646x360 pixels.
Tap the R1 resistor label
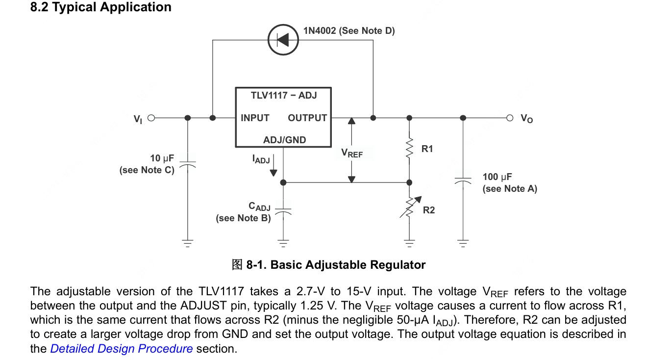click(427, 149)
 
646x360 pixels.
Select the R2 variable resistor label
click(429, 210)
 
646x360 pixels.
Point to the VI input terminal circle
click(151, 118)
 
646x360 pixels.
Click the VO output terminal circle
click(510, 118)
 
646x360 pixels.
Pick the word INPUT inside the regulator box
click(255, 118)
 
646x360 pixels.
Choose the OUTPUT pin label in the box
click(307, 118)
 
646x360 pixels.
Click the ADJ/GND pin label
click(284, 140)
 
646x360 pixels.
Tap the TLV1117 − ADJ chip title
click(284, 95)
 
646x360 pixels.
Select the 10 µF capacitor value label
click(162, 158)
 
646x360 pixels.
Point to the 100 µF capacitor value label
click(497, 177)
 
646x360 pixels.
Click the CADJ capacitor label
click(260, 206)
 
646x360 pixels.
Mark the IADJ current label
click(261, 159)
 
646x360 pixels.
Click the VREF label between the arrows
click(352, 154)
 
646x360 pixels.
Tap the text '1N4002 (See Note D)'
click(349, 31)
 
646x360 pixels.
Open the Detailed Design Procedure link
click(122, 349)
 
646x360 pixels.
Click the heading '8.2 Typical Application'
click(101, 7)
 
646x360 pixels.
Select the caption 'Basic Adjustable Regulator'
click(348, 265)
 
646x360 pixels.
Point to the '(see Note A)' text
click(510, 189)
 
